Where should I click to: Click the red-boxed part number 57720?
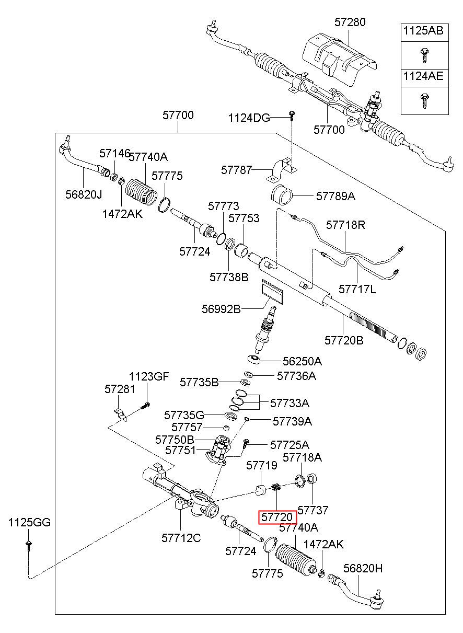coord(277,517)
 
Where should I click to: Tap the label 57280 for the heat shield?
coord(350,22)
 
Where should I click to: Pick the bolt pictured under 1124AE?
coord(424,101)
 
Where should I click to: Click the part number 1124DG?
coord(249,118)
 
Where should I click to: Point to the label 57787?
coord(236,170)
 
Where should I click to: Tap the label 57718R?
coord(345,225)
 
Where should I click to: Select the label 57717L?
coord(357,289)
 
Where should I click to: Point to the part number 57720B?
coord(344,340)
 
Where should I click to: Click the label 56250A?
coord(302,361)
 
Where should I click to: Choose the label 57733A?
coord(290,403)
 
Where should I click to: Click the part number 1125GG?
coord(29,522)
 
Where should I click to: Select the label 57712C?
coord(181,538)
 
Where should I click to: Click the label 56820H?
coord(363,568)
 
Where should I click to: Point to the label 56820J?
coord(84,194)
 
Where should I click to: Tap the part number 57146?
coord(114,154)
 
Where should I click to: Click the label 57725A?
coord(290,445)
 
